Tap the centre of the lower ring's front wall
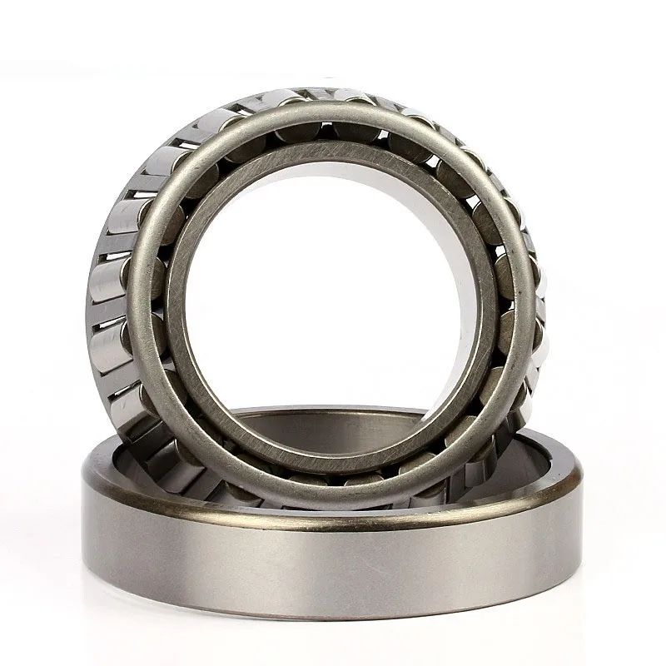[x=333, y=566]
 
